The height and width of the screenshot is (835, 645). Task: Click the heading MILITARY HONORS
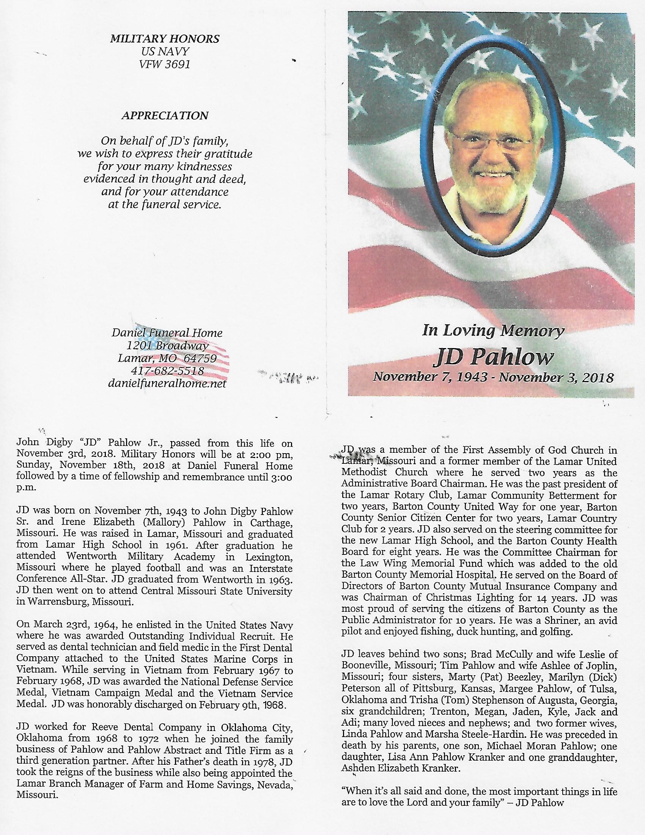(165, 39)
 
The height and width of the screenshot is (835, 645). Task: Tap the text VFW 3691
(165, 65)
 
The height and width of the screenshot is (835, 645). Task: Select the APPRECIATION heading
(165, 115)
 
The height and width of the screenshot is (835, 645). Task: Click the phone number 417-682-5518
(167, 371)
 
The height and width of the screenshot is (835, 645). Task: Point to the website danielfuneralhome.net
(167, 383)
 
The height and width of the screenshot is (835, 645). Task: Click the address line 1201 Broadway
(167, 346)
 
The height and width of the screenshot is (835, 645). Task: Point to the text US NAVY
(165, 52)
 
